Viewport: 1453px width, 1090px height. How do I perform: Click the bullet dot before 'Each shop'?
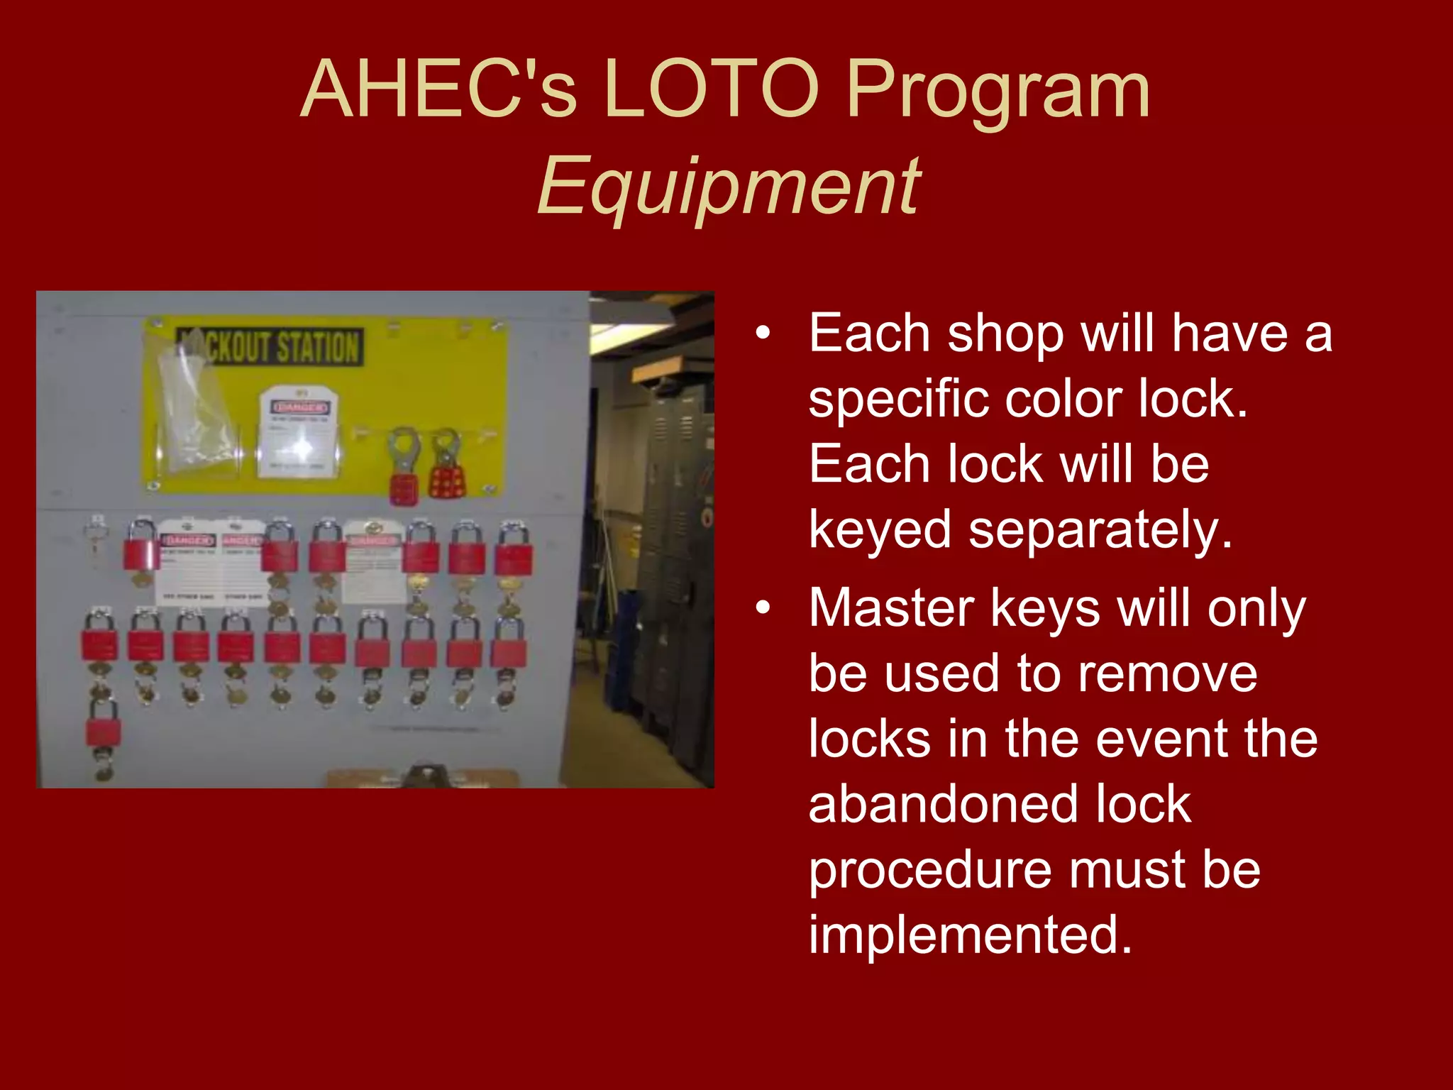coord(763,333)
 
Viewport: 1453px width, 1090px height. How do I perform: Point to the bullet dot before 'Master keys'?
coord(763,607)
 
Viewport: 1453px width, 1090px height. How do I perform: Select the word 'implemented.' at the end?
coord(969,935)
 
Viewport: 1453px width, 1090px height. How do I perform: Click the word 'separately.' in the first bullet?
coord(1100,529)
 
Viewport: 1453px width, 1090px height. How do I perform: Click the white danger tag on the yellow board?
coord(299,431)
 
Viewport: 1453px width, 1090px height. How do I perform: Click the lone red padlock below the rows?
coord(103,731)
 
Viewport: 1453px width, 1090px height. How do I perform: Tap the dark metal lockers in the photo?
coord(670,568)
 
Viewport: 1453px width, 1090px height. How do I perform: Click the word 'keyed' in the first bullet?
coord(879,529)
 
